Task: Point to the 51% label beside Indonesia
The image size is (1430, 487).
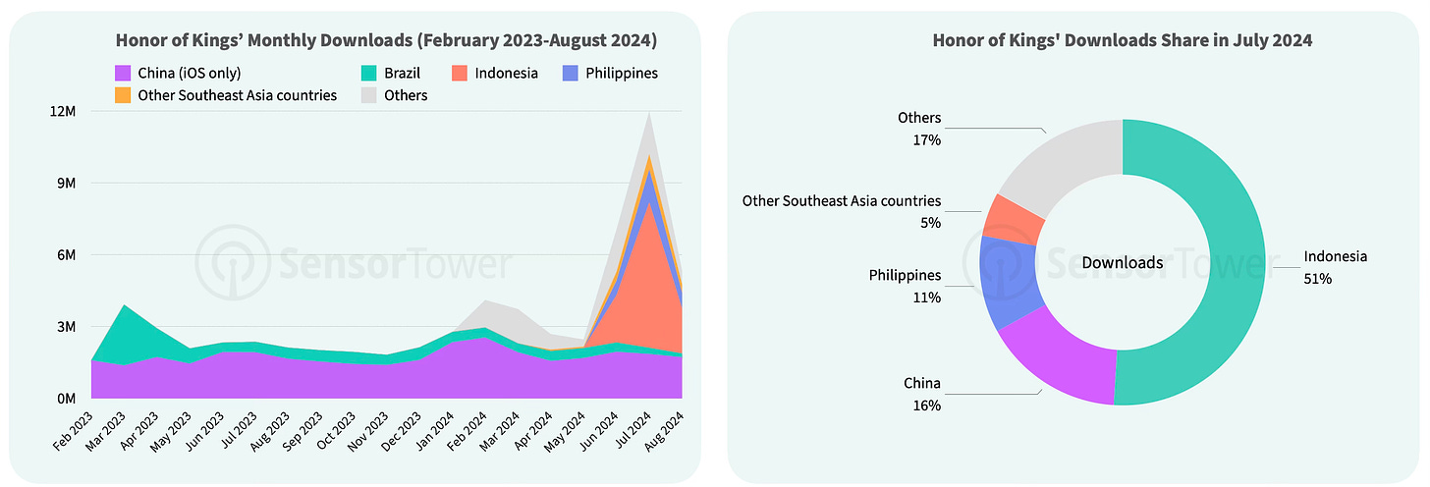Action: point(1317,279)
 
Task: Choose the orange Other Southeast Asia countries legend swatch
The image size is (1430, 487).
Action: point(123,96)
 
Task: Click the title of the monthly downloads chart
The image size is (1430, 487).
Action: point(386,40)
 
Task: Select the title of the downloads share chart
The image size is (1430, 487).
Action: point(1123,40)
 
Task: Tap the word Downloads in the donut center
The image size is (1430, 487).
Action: point(1123,263)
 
